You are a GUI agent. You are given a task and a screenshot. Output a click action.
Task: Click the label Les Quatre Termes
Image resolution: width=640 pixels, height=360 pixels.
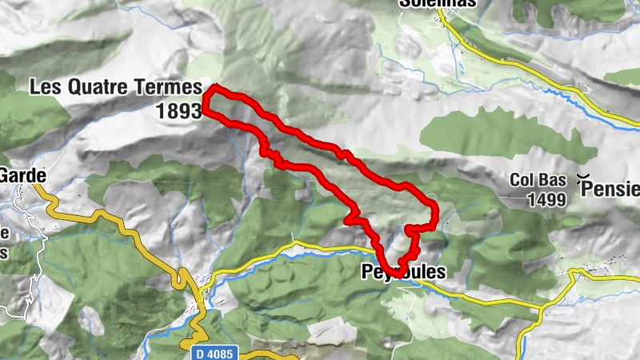point(114,87)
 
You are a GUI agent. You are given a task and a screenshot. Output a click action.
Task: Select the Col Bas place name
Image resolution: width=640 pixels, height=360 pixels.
point(538,181)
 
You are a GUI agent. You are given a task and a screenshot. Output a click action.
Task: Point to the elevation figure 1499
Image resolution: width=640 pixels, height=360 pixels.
point(547,198)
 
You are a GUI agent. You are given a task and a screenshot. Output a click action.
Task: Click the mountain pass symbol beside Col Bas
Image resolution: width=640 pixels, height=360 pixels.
point(584,181)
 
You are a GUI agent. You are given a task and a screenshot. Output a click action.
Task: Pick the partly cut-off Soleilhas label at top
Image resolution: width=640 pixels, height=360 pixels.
point(438,3)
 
